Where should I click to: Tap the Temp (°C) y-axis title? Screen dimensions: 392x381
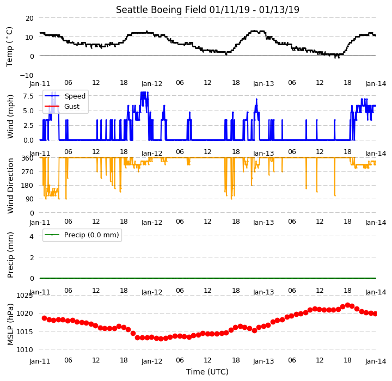pyautogui.click(x=9, y=47)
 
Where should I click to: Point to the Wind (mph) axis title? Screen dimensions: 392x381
pyautogui.click(x=10, y=116)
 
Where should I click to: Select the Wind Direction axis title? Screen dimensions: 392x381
pyautogui.click(x=10, y=186)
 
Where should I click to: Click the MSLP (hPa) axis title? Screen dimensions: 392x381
pyautogui.click(x=10, y=324)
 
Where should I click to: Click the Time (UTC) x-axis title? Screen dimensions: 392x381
pyautogui.click(x=207, y=372)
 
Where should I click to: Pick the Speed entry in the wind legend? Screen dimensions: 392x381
pyautogui.click(x=75, y=96)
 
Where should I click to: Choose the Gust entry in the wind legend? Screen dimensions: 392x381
pyautogui.click(x=72, y=107)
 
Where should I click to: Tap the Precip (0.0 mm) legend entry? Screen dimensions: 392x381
pyautogui.click(x=91, y=235)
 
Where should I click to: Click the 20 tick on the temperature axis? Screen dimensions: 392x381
pyautogui.click(x=29, y=19)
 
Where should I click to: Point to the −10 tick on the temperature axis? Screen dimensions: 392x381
pyautogui.click(x=27, y=75)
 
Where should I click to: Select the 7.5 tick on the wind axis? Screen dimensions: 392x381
pyautogui.click(x=28, y=96)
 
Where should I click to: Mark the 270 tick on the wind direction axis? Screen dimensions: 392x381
pyautogui.click(x=28, y=172)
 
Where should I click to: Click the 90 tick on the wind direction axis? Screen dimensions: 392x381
pyautogui.click(x=30, y=199)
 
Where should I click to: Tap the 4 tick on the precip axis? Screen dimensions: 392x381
pyautogui.click(x=32, y=236)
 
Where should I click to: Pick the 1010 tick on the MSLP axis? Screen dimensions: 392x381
pyautogui.click(x=24, y=350)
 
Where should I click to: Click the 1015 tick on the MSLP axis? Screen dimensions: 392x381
pyautogui.click(x=24, y=331)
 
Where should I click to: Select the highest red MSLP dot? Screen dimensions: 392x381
pyautogui.click(x=347, y=305)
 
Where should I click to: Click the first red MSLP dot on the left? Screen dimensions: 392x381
pyautogui.click(x=45, y=318)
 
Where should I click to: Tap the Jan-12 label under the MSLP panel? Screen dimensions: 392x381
pyautogui.click(x=152, y=361)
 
